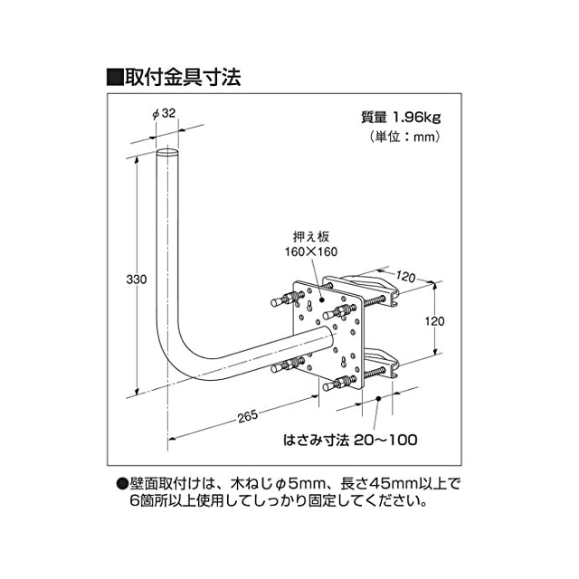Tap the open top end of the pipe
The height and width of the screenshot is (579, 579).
coord(167,156)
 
